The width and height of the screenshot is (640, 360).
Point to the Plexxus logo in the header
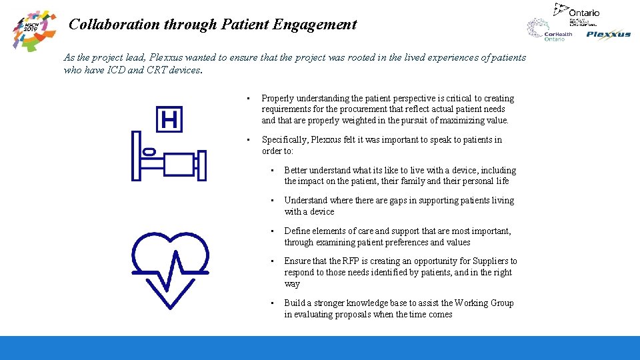point(608,35)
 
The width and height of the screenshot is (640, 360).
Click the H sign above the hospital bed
point(169,120)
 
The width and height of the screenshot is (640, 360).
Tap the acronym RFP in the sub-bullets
point(357,261)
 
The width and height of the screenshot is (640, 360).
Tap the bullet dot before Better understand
point(272,171)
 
